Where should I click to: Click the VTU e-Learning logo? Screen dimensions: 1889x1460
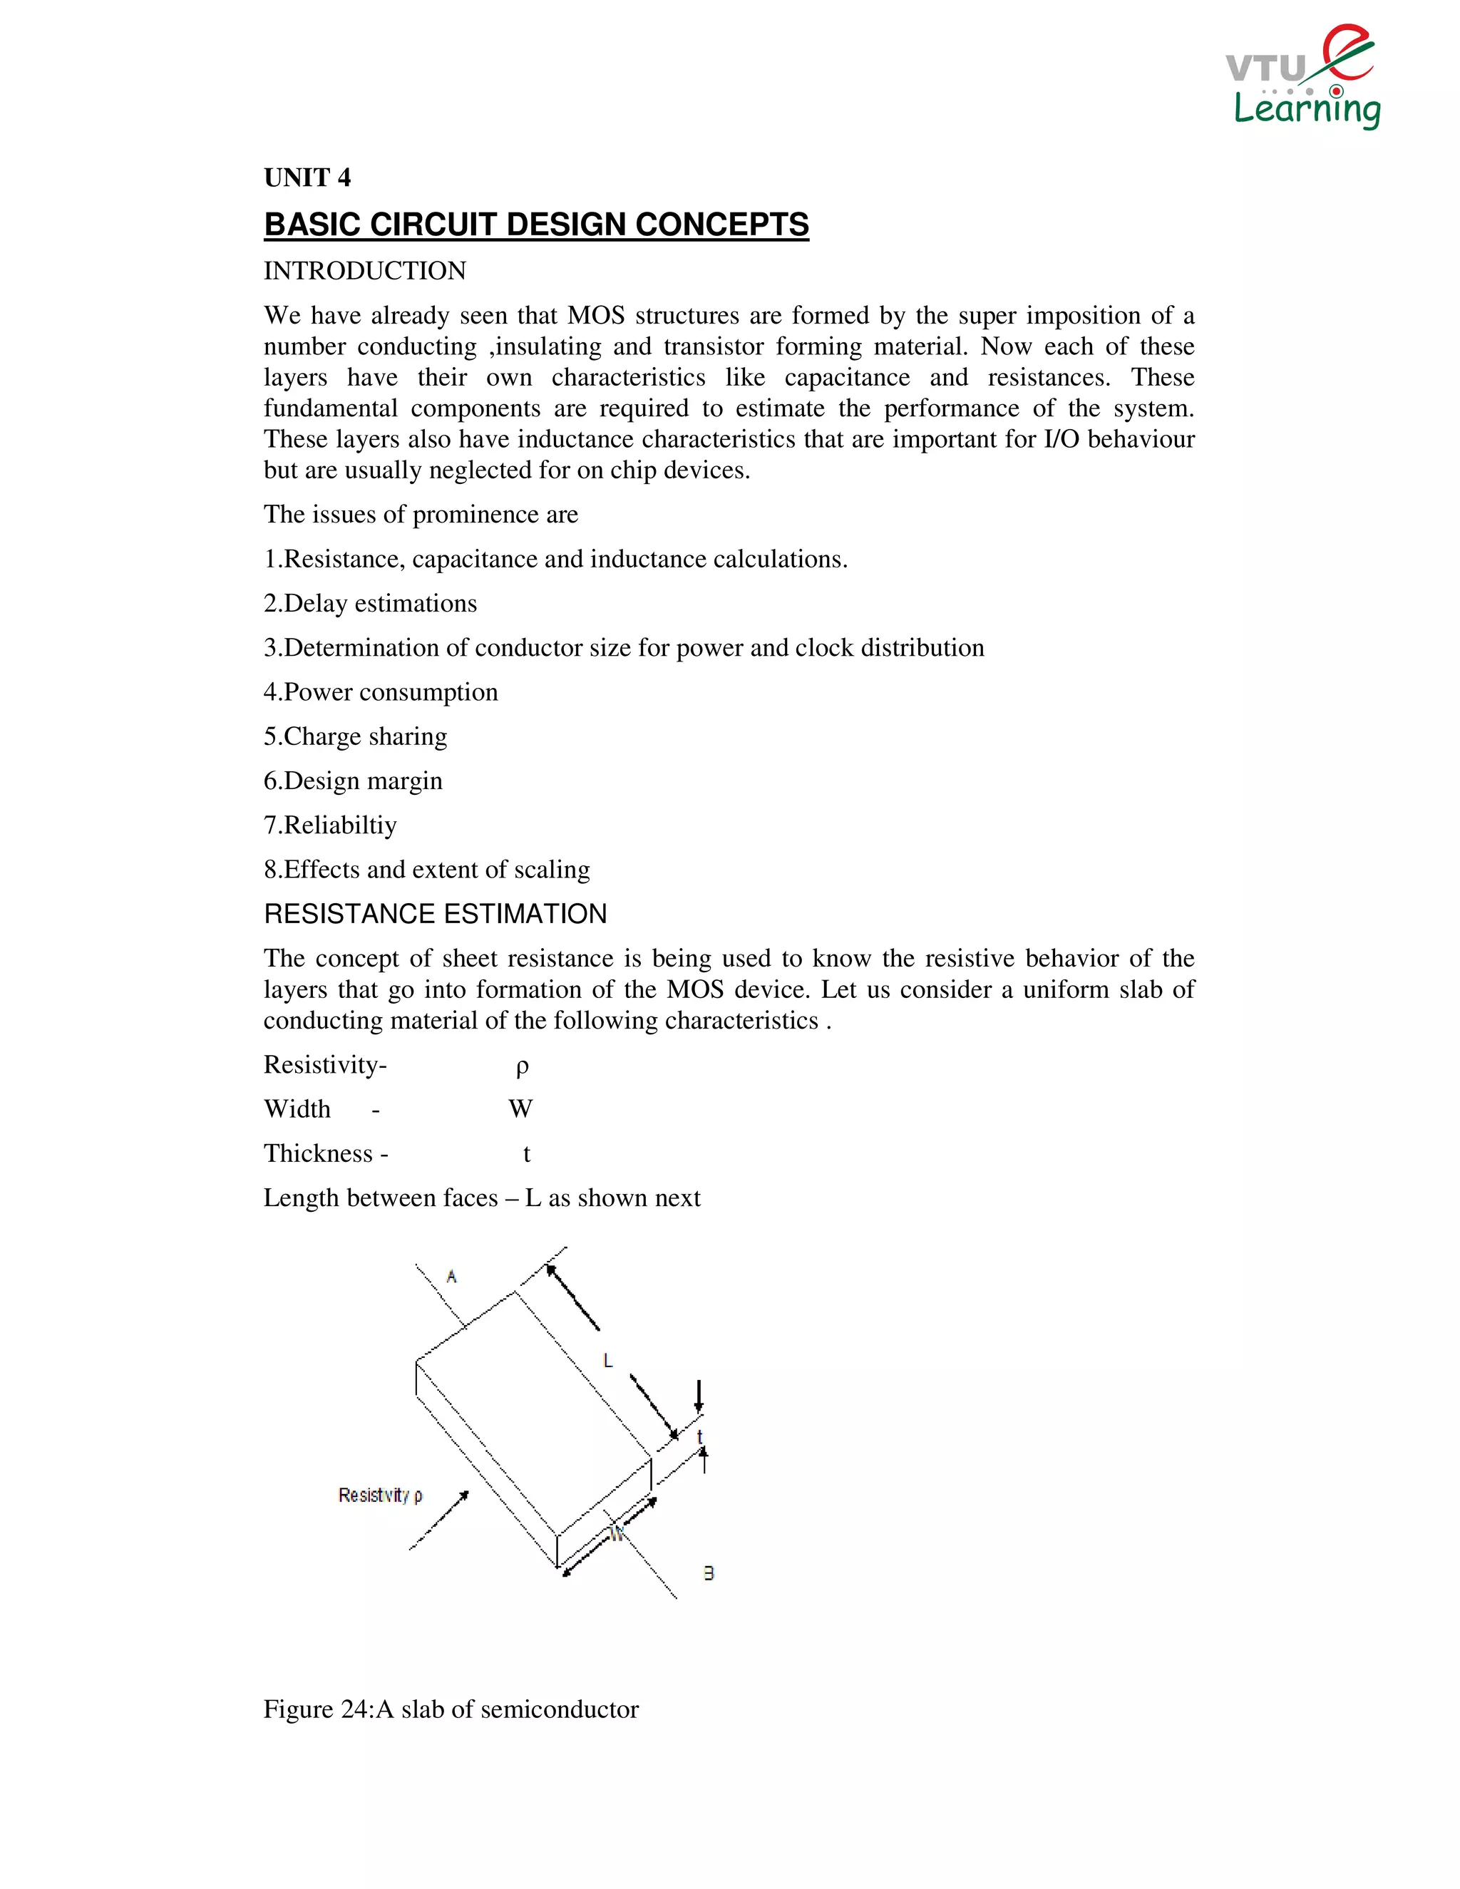[x=1302, y=78]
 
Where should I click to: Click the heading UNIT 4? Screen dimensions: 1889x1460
[x=307, y=177]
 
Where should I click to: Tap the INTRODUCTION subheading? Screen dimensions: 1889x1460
[x=364, y=271]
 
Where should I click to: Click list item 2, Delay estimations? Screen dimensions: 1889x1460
[x=370, y=603]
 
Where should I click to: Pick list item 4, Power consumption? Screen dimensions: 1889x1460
[x=381, y=692]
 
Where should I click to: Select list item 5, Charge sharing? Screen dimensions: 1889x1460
[x=356, y=736]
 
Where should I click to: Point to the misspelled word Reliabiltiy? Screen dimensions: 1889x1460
[x=340, y=825]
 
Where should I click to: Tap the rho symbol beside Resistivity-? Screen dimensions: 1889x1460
[x=522, y=1066]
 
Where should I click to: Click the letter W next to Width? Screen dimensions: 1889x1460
[x=520, y=1109]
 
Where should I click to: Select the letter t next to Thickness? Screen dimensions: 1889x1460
[x=526, y=1154]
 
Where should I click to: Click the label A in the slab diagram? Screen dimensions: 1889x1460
[x=451, y=1276]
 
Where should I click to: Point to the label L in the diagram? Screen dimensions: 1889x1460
[x=607, y=1361]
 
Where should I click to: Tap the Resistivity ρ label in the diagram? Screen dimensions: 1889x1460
[x=380, y=1495]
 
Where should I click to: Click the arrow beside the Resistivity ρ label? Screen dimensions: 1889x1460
[x=439, y=1520]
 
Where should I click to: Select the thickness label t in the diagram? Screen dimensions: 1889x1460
[x=700, y=1436]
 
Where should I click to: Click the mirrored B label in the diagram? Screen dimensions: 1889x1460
[x=709, y=1573]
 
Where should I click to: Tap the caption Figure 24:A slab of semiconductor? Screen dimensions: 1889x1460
[x=451, y=1709]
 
